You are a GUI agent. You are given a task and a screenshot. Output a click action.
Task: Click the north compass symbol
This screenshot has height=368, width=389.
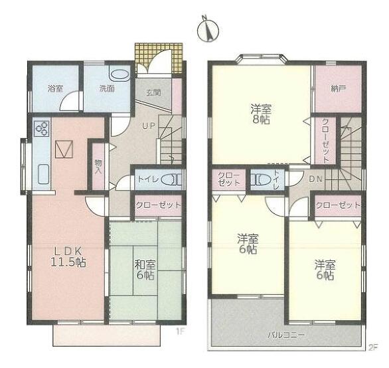[x=208, y=29]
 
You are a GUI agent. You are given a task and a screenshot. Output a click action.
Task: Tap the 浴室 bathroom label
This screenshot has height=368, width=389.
[x=55, y=88]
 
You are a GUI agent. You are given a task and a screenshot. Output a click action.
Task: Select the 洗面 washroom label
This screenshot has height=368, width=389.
[x=107, y=88]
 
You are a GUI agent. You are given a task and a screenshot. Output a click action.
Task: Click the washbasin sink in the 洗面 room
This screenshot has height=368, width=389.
[x=120, y=74]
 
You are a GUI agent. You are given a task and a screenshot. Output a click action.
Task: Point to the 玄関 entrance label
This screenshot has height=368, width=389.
[x=153, y=92]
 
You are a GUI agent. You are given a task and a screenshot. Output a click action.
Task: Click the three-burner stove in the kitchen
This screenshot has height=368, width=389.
[x=42, y=128]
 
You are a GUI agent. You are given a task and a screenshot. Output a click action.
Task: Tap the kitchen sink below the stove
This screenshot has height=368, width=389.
[x=44, y=174]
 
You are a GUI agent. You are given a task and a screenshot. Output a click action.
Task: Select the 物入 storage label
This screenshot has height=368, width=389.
[x=98, y=166]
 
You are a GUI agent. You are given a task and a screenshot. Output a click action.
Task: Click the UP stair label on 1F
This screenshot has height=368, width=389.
[x=149, y=126]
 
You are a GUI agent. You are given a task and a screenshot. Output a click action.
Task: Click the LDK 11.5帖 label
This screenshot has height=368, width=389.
[x=68, y=257]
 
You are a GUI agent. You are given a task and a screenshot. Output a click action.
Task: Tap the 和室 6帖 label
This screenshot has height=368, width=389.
[x=145, y=270]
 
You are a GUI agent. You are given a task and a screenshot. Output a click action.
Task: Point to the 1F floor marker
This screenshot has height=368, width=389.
[x=180, y=331]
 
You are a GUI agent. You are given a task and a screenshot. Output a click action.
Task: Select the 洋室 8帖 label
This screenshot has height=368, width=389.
[x=261, y=114]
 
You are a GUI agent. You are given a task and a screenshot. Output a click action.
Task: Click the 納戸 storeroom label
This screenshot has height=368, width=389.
[x=339, y=88]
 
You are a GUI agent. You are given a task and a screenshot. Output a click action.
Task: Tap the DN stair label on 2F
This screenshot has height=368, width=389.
[x=315, y=179]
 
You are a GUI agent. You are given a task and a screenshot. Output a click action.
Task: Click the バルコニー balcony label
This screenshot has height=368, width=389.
[x=286, y=335]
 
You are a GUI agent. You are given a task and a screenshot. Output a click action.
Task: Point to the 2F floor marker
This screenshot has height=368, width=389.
[x=372, y=347]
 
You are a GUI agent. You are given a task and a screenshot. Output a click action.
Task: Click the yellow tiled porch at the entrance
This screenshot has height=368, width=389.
[x=159, y=58]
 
